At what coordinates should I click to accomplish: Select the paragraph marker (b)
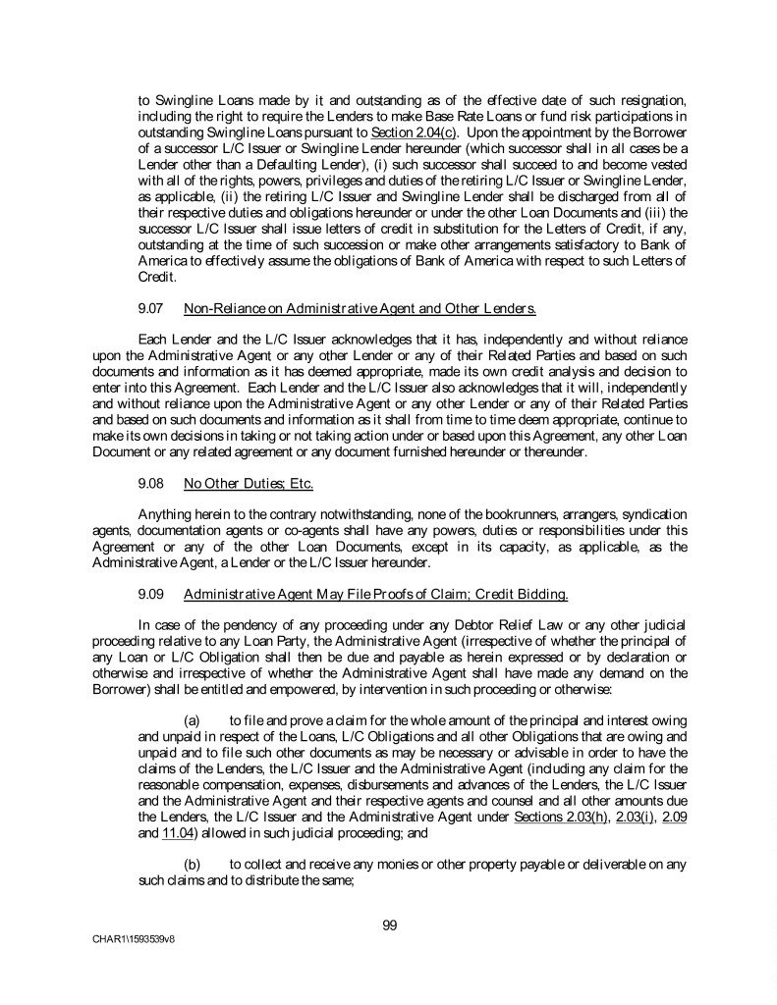coord(194,867)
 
